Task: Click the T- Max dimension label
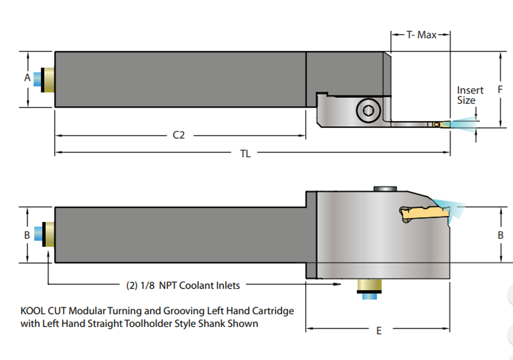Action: tap(421, 35)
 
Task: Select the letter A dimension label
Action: tap(27, 77)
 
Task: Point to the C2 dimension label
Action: tap(179, 135)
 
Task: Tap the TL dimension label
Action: tap(245, 154)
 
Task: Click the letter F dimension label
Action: tap(500, 89)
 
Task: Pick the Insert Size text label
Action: tap(470, 95)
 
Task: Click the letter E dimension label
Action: tap(379, 330)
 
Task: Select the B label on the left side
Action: tap(27, 235)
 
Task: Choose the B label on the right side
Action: tap(501, 235)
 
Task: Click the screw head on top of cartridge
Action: tap(385, 189)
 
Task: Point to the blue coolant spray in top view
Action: tap(461, 123)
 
